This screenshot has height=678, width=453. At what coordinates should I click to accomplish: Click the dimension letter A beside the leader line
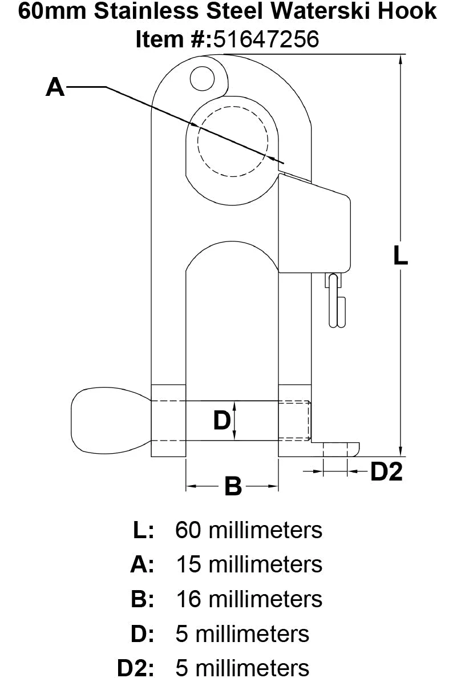[55, 88]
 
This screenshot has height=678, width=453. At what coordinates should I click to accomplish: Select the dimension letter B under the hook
[233, 487]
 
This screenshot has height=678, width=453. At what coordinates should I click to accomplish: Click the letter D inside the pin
[221, 421]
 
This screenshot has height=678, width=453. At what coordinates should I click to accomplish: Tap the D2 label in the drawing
[387, 471]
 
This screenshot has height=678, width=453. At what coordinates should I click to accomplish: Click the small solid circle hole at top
[202, 78]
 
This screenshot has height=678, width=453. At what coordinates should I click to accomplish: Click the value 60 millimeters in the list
[248, 530]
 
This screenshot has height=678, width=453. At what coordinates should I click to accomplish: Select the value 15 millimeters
[248, 564]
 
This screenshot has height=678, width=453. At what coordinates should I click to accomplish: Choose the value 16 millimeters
[248, 599]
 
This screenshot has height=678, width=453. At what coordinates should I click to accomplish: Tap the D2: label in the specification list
[135, 668]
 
